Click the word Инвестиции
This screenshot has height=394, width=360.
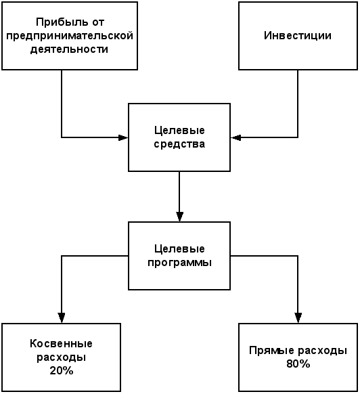coord(298,36)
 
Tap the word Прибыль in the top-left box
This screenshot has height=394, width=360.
coord(61,22)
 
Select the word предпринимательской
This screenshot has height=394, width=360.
coord(70,36)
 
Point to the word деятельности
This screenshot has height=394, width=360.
coord(69,49)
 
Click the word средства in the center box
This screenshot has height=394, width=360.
coord(179,144)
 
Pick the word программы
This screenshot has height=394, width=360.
coord(179,263)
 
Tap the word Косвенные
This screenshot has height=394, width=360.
coord(61,343)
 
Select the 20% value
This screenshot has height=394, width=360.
coord(62,370)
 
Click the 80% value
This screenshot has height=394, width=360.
coord(298,364)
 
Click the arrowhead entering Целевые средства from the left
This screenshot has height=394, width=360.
coord(123,137)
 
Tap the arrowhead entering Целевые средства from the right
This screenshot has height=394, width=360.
coord(235,137)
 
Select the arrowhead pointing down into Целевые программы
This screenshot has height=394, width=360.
coord(179,217)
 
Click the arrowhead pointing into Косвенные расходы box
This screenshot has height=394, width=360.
coord(62,318)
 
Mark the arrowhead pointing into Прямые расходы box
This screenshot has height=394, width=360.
coord(298,318)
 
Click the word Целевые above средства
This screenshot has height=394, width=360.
coord(179,131)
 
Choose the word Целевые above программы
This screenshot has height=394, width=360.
coord(179,249)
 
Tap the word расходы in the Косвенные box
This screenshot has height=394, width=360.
coord(62,357)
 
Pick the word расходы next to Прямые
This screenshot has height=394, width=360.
coord(323,350)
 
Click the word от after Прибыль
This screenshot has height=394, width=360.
coord(97,22)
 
